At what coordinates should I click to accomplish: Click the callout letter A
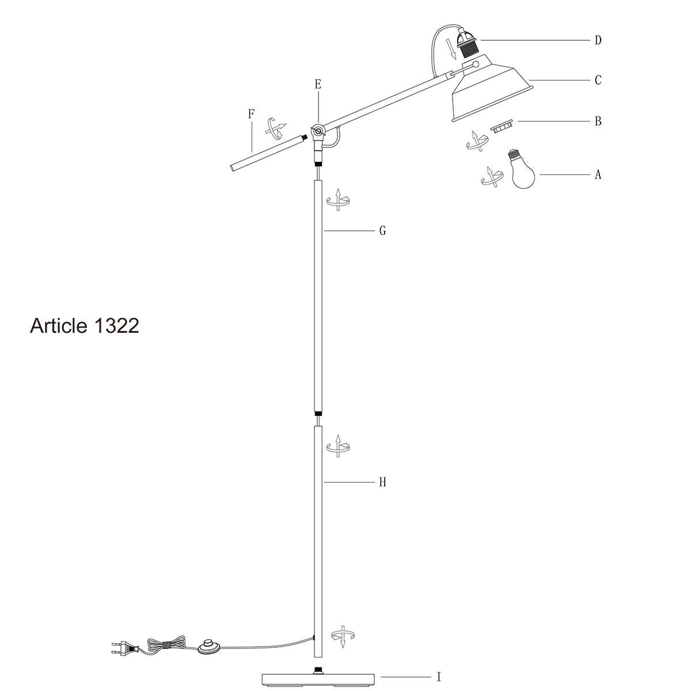[x=598, y=174]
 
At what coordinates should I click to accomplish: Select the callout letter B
[x=598, y=121]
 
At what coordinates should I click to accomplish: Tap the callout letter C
[x=598, y=80]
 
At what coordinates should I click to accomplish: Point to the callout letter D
[x=598, y=40]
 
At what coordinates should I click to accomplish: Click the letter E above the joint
[x=318, y=84]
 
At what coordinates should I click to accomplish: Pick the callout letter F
[x=251, y=113]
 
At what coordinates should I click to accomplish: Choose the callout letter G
[x=382, y=231]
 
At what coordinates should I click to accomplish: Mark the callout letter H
[x=382, y=482]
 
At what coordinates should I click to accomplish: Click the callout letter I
[x=439, y=677]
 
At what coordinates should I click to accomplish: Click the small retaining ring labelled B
[x=501, y=126]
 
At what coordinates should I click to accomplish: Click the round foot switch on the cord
[x=209, y=647]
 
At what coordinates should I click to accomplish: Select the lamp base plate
[x=317, y=679]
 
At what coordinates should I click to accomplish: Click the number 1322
[x=115, y=326]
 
